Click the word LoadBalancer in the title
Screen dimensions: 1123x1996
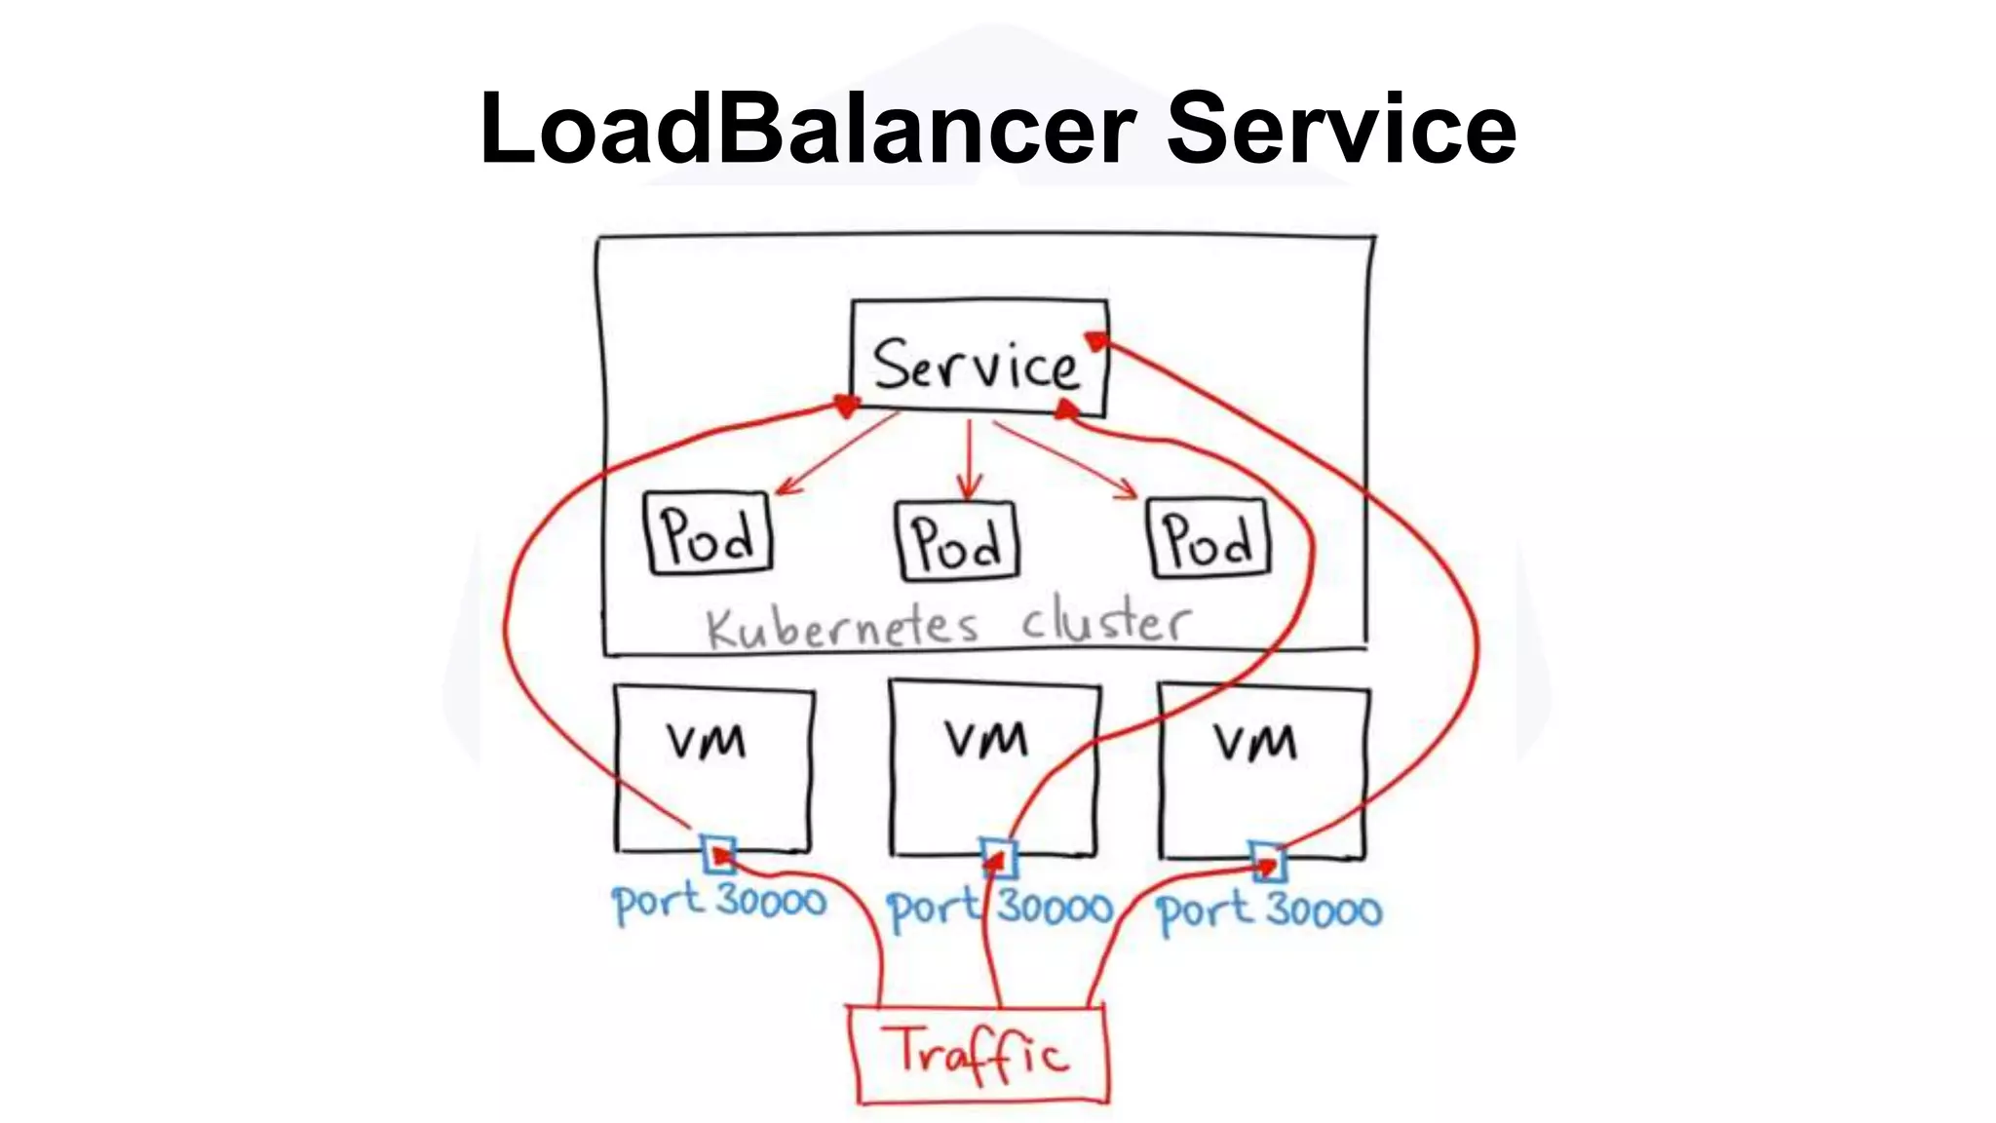pyautogui.click(x=807, y=129)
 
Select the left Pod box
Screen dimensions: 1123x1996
pyautogui.click(x=709, y=533)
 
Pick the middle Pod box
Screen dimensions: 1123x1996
pyautogui.click(x=957, y=541)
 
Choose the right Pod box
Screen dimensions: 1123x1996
pyautogui.click(x=1209, y=538)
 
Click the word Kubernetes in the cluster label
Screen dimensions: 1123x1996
pyautogui.click(x=841, y=627)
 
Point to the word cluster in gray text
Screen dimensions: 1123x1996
pyautogui.click(x=1105, y=622)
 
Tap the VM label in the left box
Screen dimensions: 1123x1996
pyautogui.click(x=707, y=742)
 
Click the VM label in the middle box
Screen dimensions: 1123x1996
pyautogui.click(x=986, y=739)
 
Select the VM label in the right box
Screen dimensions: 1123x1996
pyautogui.click(x=1255, y=743)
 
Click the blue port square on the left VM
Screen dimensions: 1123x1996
pyautogui.click(x=719, y=854)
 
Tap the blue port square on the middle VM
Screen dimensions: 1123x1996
pyautogui.click(x=998, y=858)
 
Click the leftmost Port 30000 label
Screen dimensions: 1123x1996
pyautogui.click(x=718, y=902)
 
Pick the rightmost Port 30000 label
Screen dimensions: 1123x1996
pyautogui.click(x=1269, y=911)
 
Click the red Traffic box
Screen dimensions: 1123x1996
pyautogui.click(x=979, y=1054)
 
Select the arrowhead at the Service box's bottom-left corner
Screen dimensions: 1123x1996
pyautogui.click(x=846, y=404)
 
